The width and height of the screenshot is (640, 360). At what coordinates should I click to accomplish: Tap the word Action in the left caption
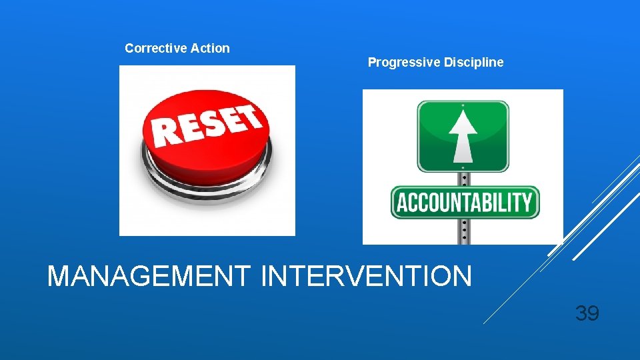(210, 48)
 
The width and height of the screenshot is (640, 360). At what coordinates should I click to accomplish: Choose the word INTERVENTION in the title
(366, 276)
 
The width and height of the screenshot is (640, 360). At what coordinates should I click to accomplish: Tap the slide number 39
(587, 313)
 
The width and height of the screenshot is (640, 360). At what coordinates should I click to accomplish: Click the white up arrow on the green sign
(462, 136)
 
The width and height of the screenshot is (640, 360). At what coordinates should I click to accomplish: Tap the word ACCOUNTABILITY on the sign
(464, 202)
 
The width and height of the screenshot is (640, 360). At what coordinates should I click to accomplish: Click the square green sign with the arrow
(463, 136)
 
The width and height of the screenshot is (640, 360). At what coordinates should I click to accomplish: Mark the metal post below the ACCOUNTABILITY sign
(463, 231)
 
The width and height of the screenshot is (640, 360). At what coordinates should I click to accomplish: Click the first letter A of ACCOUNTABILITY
(400, 202)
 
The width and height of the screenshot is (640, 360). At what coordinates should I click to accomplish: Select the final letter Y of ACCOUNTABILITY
(528, 202)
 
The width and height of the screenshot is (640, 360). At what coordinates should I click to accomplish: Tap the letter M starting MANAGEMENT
(59, 276)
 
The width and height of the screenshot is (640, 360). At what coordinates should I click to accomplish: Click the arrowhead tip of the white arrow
(462, 111)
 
